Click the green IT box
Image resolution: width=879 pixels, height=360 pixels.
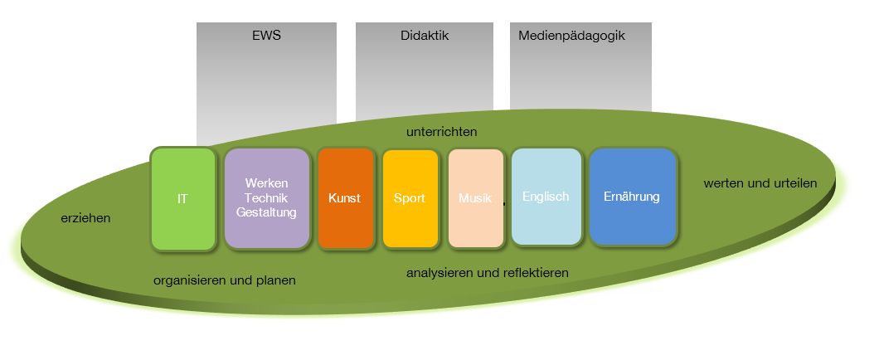point(182,199)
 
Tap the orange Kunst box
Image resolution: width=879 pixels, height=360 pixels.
point(345,199)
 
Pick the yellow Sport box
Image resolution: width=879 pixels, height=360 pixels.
point(410,199)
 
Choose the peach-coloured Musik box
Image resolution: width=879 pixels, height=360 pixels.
point(475,199)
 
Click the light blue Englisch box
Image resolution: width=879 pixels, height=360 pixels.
point(546,197)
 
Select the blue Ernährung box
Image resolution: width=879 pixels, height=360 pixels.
point(632,197)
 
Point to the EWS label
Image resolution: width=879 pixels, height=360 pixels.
point(266,36)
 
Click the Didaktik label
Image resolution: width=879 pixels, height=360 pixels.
point(425,36)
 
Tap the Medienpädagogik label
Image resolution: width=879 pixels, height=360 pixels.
point(571,36)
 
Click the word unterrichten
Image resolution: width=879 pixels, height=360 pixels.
point(441,132)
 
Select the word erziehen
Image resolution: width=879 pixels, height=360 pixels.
point(85,219)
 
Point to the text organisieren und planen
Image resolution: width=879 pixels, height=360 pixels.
point(224,280)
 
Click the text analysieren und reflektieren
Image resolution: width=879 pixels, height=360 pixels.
point(487,273)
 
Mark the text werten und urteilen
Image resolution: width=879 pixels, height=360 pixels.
point(760,183)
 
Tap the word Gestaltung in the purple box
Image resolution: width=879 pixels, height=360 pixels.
point(266,213)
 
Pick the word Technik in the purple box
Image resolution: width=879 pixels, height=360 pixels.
point(266,198)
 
